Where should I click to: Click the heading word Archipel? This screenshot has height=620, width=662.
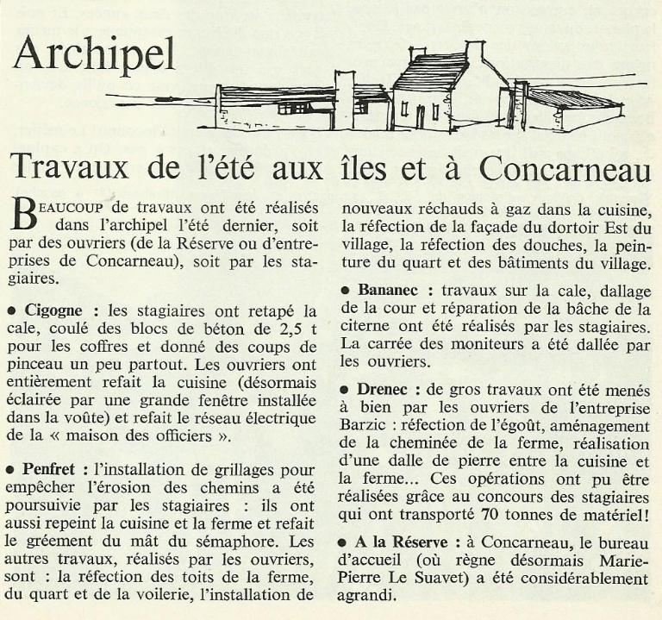(x=95, y=55)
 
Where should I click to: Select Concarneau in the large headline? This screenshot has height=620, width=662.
(x=565, y=167)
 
